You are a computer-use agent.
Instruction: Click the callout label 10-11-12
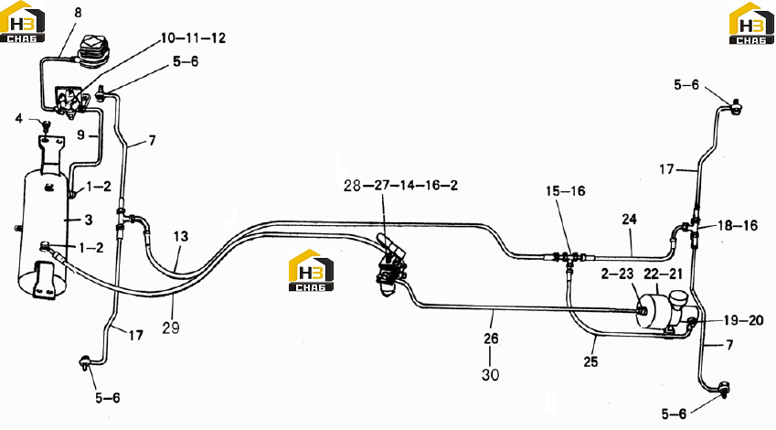click(193, 38)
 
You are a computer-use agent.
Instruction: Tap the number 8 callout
click(79, 13)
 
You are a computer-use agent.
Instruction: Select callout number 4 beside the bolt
click(19, 118)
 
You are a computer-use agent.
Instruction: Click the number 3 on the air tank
click(89, 220)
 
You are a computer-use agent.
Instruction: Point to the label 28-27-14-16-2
click(401, 186)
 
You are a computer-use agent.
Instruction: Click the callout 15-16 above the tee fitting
click(566, 191)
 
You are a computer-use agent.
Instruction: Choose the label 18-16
click(738, 226)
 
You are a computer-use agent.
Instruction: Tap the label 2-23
click(617, 274)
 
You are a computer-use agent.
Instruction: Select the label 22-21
click(663, 274)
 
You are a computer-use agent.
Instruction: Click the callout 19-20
click(743, 320)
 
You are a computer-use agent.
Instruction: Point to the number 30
click(491, 375)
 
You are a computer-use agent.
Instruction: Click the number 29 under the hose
click(171, 328)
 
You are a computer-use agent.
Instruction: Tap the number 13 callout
click(181, 236)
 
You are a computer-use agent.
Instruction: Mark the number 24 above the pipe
click(629, 219)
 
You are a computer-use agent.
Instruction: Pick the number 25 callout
click(590, 361)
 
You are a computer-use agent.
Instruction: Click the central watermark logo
click(311, 270)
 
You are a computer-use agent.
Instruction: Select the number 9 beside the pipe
click(81, 134)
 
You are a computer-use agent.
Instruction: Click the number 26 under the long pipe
click(491, 339)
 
